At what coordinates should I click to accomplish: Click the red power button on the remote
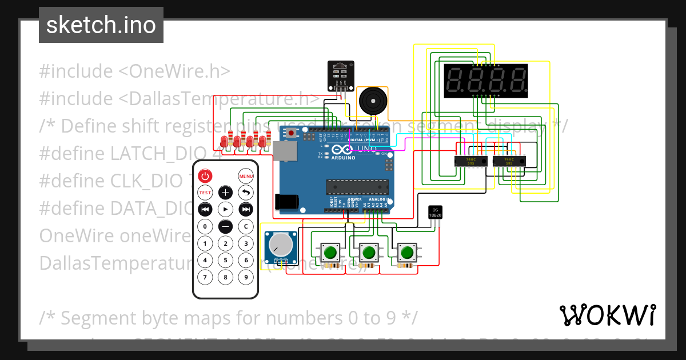(x=205, y=176)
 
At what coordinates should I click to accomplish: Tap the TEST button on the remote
(x=205, y=193)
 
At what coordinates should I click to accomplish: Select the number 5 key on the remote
(x=226, y=261)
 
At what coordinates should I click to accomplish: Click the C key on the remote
(x=246, y=226)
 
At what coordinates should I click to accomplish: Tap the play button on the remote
(x=226, y=209)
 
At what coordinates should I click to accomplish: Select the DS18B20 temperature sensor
(x=435, y=213)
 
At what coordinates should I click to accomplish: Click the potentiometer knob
(x=280, y=246)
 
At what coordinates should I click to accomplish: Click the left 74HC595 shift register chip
(x=470, y=161)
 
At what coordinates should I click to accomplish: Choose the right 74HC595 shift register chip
(x=509, y=161)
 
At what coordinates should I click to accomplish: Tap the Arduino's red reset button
(x=292, y=133)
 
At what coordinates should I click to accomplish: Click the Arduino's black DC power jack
(x=286, y=201)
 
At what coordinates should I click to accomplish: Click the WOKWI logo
(x=607, y=315)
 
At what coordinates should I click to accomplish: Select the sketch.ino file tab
(x=101, y=25)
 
